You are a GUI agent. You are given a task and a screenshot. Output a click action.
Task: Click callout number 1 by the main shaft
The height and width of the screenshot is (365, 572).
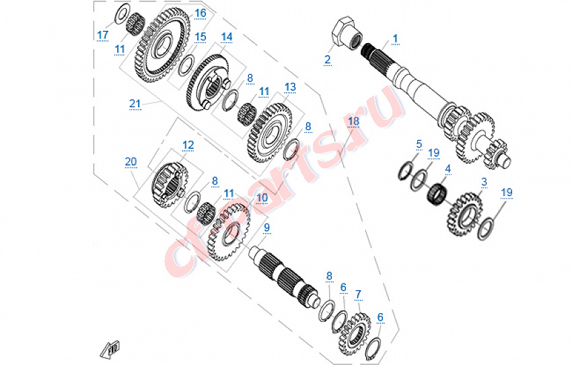point(395,38)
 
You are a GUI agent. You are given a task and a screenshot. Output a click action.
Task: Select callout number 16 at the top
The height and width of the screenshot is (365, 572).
point(201,13)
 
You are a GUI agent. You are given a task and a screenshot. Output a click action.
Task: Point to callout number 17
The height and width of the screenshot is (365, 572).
point(102,35)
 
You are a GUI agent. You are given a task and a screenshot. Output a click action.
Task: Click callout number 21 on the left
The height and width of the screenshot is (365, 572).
point(135,103)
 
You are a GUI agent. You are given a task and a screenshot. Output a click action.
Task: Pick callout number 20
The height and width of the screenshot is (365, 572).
point(131,162)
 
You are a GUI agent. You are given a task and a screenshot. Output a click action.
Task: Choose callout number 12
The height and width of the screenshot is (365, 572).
point(188,145)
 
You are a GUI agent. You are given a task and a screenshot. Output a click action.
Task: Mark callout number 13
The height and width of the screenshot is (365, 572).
point(290,87)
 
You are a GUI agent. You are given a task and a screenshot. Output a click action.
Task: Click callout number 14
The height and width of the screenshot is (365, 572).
point(226,36)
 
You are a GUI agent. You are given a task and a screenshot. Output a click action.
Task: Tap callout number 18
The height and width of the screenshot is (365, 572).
point(353,121)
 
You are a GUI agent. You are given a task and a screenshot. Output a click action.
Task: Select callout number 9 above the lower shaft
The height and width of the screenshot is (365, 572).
point(266,228)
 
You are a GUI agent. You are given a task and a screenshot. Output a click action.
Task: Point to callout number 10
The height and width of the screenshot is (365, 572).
point(262,198)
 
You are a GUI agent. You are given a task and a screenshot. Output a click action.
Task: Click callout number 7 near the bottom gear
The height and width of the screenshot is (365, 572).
point(358,294)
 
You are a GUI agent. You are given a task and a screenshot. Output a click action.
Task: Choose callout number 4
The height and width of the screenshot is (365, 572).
point(448,171)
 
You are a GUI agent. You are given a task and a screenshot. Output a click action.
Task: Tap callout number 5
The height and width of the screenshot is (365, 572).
point(419,144)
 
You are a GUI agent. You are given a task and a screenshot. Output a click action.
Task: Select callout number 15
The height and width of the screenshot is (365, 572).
point(201,36)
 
